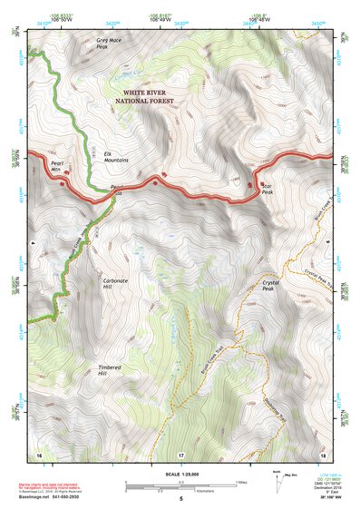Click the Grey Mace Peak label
(109, 44)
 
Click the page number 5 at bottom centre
(181, 499)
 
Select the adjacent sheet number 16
(39, 454)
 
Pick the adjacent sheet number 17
(181, 454)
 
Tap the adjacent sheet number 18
(324, 454)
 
